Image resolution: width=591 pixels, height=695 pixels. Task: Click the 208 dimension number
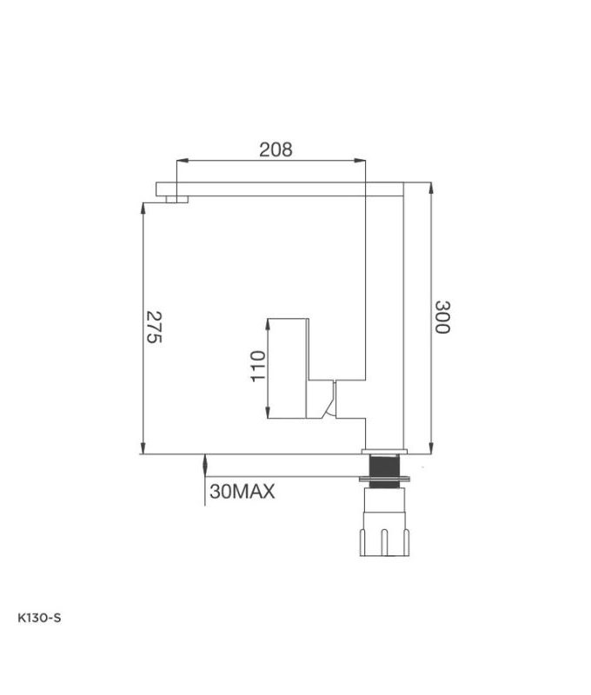pos(276,149)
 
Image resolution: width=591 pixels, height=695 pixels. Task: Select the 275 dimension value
pos(153,327)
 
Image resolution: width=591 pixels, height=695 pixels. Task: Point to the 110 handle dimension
pos(256,367)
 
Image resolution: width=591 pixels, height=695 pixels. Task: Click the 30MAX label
pos(242,492)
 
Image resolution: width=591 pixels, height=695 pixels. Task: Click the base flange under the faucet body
pos(383,452)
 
